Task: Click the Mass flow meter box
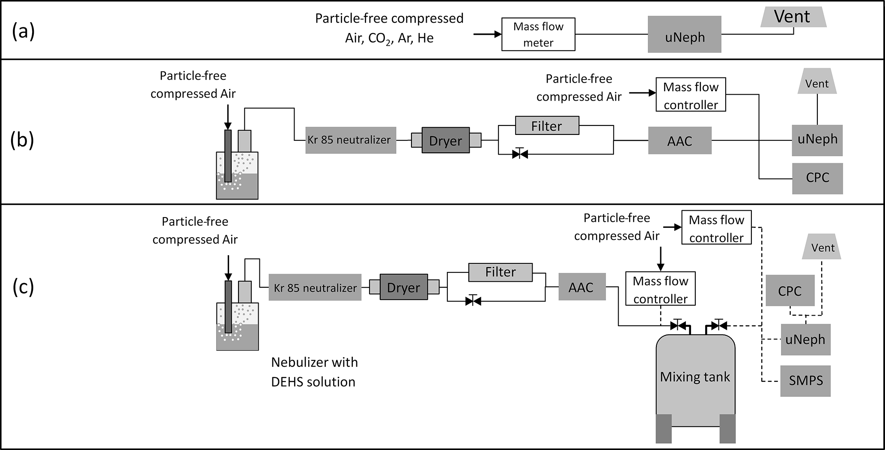click(x=538, y=35)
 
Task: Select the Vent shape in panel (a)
click(x=793, y=18)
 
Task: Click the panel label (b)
click(x=22, y=140)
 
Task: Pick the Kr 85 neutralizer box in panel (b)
click(x=350, y=140)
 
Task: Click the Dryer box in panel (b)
click(x=445, y=140)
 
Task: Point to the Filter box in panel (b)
click(x=547, y=126)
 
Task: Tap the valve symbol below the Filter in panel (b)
click(x=520, y=154)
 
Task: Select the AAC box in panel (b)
click(x=679, y=140)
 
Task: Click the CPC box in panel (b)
click(x=817, y=178)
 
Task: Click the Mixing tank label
click(x=694, y=377)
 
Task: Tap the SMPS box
click(x=805, y=381)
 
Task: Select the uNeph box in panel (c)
click(x=805, y=340)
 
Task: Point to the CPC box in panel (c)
click(x=790, y=291)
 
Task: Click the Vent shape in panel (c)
click(x=822, y=247)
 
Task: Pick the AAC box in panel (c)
click(x=581, y=287)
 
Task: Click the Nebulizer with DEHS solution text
click(x=314, y=372)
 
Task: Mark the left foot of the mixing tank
click(x=664, y=429)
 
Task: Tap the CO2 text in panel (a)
click(x=378, y=39)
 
